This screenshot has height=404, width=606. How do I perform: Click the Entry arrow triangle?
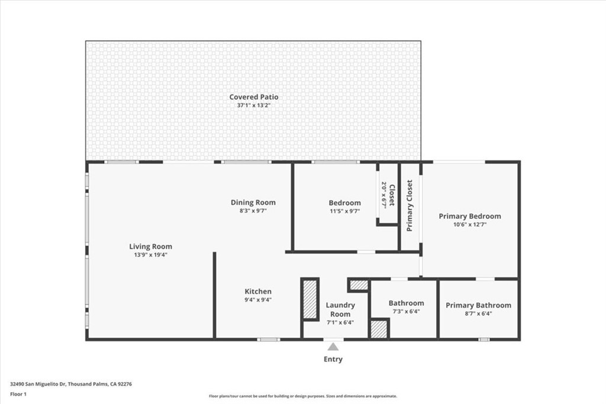click(x=333, y=347)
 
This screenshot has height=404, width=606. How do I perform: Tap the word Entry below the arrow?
click(x=333, y=359)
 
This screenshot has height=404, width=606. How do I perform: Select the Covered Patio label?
click(x=254, y=97)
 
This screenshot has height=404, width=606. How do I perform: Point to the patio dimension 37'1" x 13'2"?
click(x=254, y=105)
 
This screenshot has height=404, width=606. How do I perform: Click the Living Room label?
click(x=151, y=247)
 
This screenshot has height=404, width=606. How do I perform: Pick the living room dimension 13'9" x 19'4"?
click(x=151, y=255)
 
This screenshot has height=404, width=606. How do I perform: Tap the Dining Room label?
click(x=253, y=202)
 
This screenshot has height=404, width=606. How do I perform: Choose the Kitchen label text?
click(x=259, y=291)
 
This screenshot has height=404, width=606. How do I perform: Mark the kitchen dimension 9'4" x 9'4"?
click(x=259, y=299)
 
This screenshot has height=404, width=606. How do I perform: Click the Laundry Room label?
click(x=340, y=309)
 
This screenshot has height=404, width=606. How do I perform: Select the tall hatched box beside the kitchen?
click(x=310, y=299)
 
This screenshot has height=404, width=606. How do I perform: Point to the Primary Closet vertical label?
click(x=410, y=205)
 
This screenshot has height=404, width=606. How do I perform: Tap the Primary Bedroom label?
click(x=470, y=216)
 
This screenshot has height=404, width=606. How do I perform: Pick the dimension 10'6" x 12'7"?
click(x=470, y=224)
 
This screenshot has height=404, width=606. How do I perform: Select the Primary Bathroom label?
click(x=478, y=305)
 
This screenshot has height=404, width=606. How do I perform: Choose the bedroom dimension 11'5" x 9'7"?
click(x=345, y=211)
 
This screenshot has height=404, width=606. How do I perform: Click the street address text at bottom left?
click(x=71, y=384)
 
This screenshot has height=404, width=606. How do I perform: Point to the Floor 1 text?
click(x=18, y=393)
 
